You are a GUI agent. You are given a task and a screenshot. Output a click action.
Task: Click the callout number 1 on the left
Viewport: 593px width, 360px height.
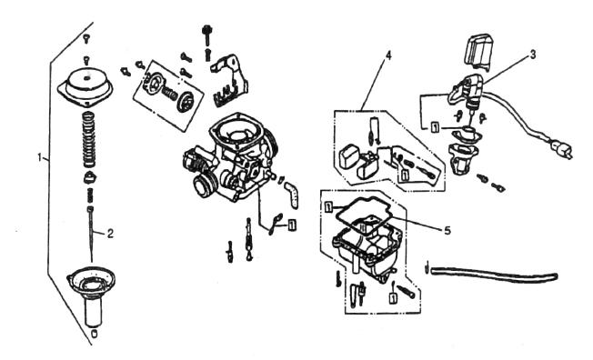39,156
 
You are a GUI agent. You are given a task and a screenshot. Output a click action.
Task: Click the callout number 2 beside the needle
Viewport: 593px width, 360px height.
110,233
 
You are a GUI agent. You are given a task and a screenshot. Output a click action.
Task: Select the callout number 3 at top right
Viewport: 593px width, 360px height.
532,54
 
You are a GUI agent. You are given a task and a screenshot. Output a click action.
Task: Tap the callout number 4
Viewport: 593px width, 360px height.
388,55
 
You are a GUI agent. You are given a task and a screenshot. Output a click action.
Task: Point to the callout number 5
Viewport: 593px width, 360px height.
447,229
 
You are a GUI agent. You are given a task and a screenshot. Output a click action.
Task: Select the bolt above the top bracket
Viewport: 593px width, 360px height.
208,34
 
